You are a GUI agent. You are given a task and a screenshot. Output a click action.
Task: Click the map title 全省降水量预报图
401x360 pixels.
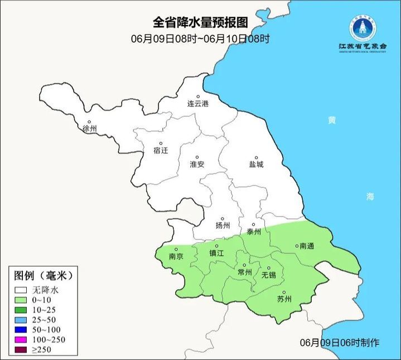tap(200, 22)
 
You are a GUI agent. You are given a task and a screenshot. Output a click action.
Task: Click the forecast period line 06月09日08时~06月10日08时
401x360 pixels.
tap(200, 39)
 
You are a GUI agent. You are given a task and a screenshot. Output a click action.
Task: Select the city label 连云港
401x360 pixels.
tap(197, 104)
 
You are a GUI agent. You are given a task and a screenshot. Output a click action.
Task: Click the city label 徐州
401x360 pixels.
tap(89, 128)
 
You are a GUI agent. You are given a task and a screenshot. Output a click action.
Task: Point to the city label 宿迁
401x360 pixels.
tap(160, 150)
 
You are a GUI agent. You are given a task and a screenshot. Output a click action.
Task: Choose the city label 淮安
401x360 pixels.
tap(197, 164)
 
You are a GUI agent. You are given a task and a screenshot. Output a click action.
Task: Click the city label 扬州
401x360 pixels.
tap(223, 225)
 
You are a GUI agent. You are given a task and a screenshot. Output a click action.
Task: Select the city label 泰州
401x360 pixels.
tap(253, 232)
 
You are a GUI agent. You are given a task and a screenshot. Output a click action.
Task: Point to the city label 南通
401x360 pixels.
tap(307, 246)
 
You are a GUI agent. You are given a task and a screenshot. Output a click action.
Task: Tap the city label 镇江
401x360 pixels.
tap(216, 253)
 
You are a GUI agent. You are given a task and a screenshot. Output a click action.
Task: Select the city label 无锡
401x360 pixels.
tap(269, 275)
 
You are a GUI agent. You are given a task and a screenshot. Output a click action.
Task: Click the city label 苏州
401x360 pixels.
tap(284, 299)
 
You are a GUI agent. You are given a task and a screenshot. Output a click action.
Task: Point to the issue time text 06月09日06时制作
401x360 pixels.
tap(340, 342)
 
